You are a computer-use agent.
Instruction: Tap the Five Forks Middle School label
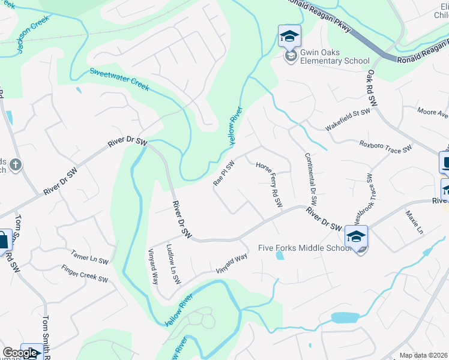(304, 248)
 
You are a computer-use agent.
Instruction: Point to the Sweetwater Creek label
(119, 79)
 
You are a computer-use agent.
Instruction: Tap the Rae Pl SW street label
(223, 173)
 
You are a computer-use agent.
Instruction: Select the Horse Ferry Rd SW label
(268, 185)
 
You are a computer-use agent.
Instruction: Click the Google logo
(20, 353)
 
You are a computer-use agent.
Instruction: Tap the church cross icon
(16, 164)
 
